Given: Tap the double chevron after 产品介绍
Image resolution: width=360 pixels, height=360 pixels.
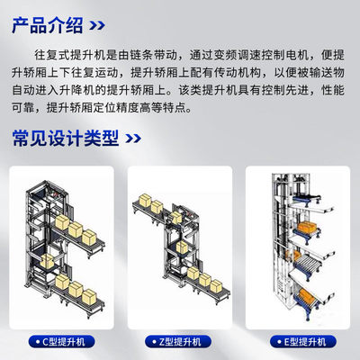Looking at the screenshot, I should point(105,24).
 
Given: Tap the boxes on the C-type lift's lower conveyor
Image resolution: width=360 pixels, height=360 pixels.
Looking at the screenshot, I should point(72,288).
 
